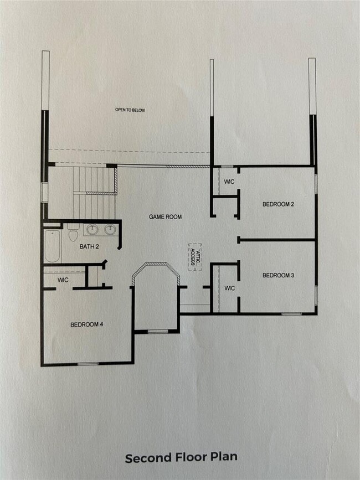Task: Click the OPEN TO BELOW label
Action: tap(130, 110)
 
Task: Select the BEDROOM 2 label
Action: tap(278, 204)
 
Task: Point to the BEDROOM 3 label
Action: tap(278, 275)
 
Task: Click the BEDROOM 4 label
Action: tap(87, 324)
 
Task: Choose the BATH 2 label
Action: tap(89, 246)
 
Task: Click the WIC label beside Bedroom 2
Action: tap(229, 182)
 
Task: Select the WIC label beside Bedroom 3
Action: tap(229, 288)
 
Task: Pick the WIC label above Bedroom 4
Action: tap(63, 280)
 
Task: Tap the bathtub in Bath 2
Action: tap(53, 246)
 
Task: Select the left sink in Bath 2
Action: tap(92, 229)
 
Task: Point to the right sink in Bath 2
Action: tap(110, 229)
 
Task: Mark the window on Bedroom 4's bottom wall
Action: tap(88, 364)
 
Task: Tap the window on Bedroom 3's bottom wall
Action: tap(291, 314)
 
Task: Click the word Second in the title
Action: tap(147, 458)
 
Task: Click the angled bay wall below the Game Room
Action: tap(157, 268)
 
